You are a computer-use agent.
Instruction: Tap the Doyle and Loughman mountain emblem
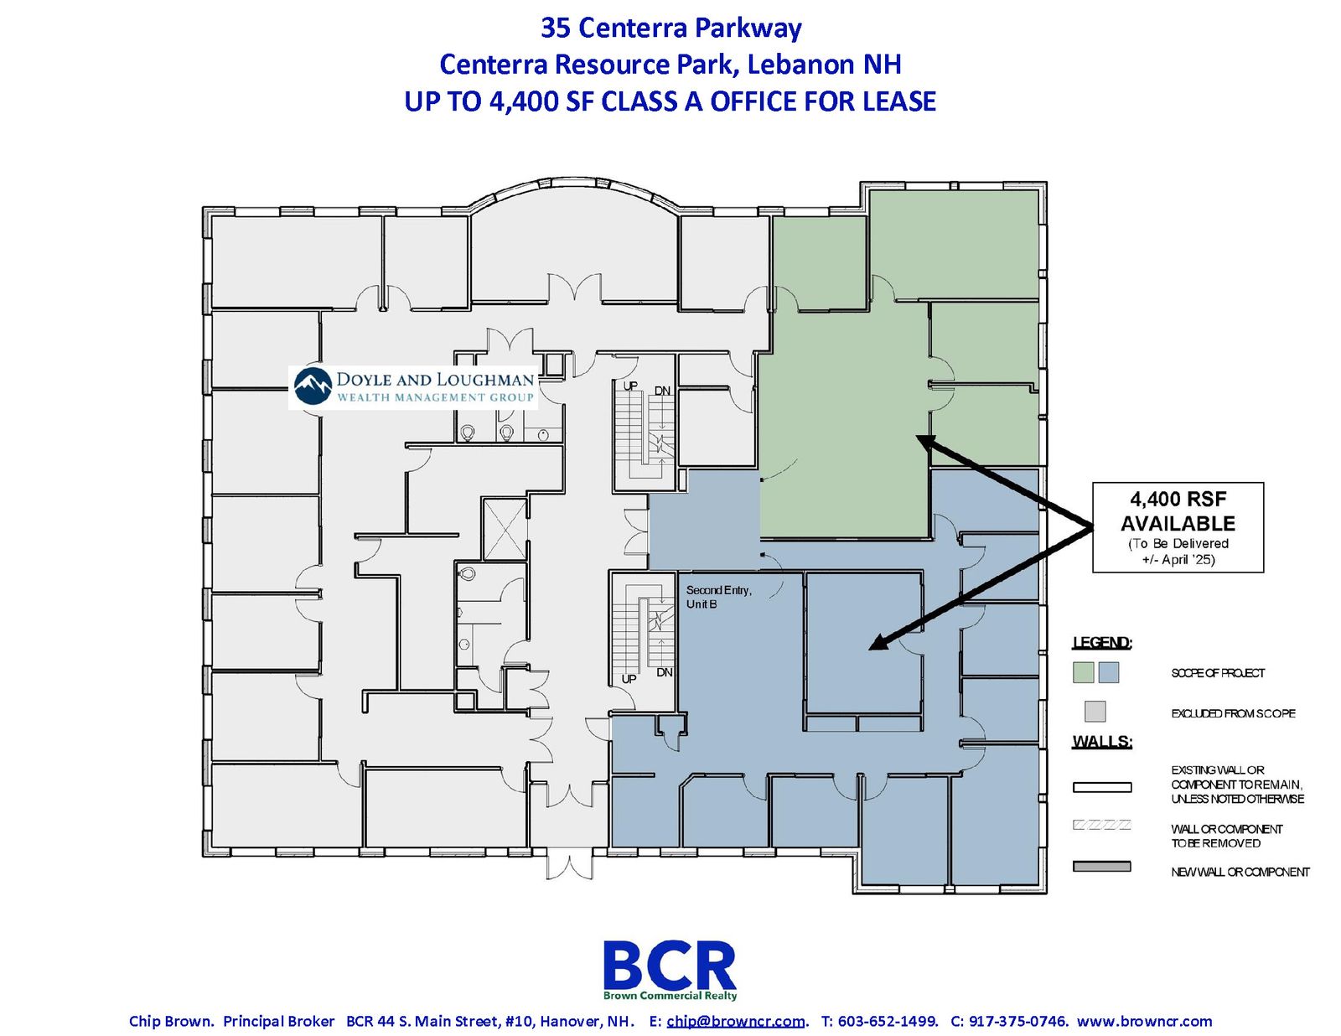(x=313, y=386)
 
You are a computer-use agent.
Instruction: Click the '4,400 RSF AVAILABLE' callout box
(x=1178, y=527)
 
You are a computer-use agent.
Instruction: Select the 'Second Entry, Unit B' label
(x=718, y=597)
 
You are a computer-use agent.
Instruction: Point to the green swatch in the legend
(x=1083, y=672)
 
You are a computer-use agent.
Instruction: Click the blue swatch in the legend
(x=1108, y=672)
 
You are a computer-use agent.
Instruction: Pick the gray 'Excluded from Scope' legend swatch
(x=1095, y=711)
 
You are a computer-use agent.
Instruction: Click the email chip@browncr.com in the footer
(x=736, y=1021)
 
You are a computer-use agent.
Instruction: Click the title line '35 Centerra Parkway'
(x=670, y=28)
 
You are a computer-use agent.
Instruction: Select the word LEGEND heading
(x=1102, y=642)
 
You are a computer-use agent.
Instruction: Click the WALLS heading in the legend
(x=1102, y=741)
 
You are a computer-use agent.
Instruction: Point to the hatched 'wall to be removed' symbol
(x=1101, y=825)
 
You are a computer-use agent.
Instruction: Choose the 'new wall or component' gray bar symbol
(x=1101, y=867)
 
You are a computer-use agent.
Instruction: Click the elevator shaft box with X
(x=505, y=529)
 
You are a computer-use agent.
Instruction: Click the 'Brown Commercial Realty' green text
(x=670, y=996)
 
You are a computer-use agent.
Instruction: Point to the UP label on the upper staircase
(x=630, y=386)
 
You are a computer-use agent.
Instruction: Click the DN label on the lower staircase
(x=664, y=672)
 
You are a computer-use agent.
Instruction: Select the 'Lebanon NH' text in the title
(x=824, y=65)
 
